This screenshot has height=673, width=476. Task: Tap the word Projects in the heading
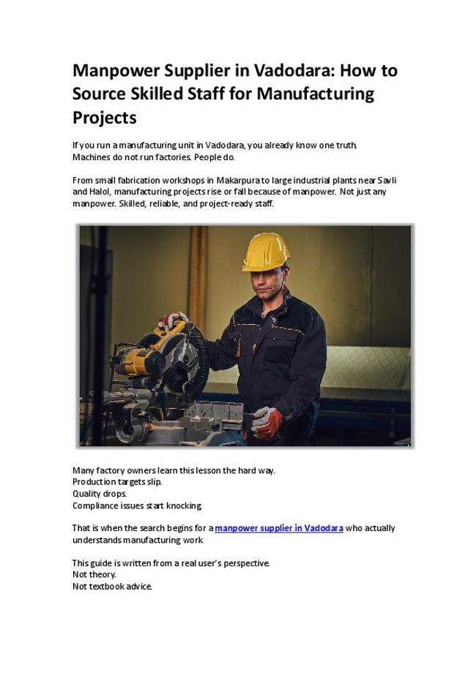104,117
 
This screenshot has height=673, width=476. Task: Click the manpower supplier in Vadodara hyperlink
279,528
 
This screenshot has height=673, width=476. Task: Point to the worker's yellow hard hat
265,251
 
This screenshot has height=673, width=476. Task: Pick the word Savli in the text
386,180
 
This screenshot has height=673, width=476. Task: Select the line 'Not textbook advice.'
111,587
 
